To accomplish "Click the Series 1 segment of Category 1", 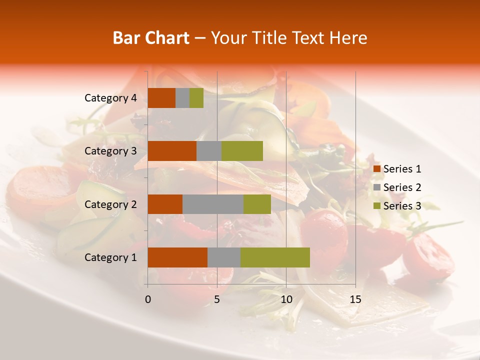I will point(177,257).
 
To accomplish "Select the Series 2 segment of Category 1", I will point(224,257).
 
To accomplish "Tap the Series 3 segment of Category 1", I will point(275,257).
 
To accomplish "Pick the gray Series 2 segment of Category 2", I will point(213,204).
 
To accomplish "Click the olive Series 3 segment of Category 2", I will point(257,204).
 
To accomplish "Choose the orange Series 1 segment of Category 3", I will point(172,151).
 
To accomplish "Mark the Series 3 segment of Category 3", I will point(242,151).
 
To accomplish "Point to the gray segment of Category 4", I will point(182,98).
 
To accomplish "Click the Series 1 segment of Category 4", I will point(161,98).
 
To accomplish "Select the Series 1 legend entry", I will point(397,169).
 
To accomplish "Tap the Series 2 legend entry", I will point(397,187).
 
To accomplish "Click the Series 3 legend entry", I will point(397,206).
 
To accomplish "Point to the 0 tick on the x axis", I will point(148,299).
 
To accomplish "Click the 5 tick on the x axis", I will point(217,299).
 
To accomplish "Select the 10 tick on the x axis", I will point(286,299).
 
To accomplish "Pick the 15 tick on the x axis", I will point(355,299).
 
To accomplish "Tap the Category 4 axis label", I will point(110,98).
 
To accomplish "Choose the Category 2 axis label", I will point(110,204).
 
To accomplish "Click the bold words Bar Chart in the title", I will point(151,38).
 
